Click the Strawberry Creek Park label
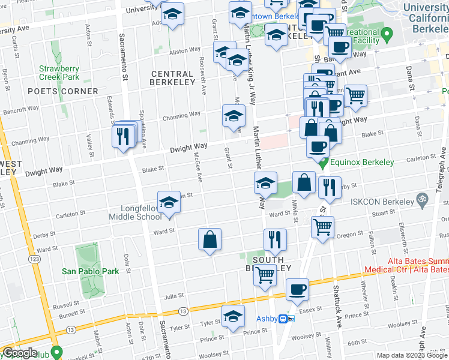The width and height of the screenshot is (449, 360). pyautogui.click(x=59, y=73)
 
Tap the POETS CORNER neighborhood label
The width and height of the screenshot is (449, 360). pyautogui.click(x=63, y=91)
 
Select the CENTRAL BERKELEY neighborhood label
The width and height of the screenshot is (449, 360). pyautogui.click(x=173, y=77)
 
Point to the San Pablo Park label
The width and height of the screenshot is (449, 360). pyautogui.click(x=91, y=271)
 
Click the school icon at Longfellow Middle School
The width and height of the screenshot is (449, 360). pyautogui.click(x=169, y=202)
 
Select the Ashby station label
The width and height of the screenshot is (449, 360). pyautogui.click(x=267, y=319)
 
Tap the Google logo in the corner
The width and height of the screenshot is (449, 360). pyautogui.click(x=20, y=353)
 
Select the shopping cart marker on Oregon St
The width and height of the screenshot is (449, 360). pyautogui.click(x=323, y=227)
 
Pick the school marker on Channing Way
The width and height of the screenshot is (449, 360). pyautogui.click(x=234, y=116)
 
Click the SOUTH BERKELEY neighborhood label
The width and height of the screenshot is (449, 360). pyautogui.click(x=271, y=264)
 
